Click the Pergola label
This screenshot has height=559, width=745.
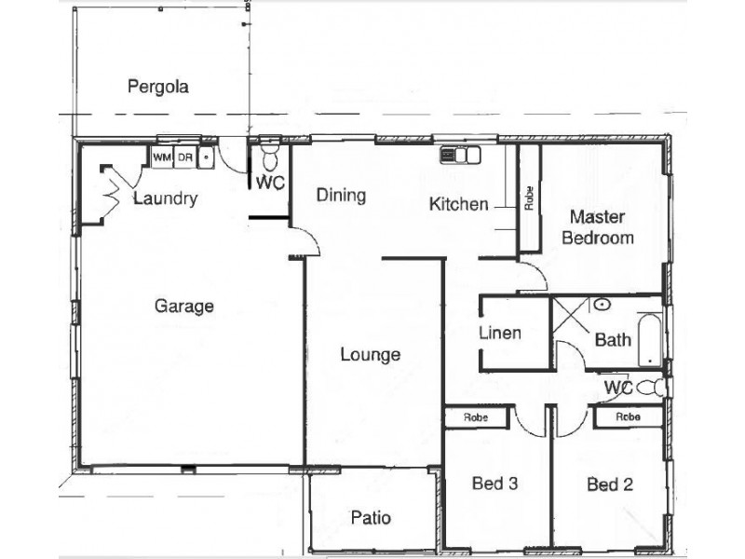(x=158, y=87)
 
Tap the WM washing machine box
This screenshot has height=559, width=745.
(x=162, y=157)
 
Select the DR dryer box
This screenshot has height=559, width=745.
(x=184, y=157)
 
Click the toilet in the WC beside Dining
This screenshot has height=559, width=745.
(x=270, y=157)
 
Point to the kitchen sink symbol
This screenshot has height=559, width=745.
(x=460, y=155)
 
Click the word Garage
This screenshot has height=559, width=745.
(x=184, y=307)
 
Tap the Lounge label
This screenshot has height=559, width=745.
(x=371, y=355)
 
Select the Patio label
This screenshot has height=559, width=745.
(x=371, y=517)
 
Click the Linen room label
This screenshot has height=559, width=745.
(x=500, y=333)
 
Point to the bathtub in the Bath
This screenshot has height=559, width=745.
(x=649, y=340)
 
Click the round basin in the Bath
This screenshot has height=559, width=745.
(x=602, y=304)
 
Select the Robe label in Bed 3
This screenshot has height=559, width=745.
(x=476, y=417)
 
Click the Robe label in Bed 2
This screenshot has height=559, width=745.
(x=628, y=416)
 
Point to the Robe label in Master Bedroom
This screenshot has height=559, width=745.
(x=529, y=198)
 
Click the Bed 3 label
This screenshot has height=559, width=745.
(x=494, y=484)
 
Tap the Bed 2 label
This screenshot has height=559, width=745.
(x=610, y=484)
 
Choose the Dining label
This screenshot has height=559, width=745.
(x=341, y=196)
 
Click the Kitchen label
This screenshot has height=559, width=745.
(x=458, y=204)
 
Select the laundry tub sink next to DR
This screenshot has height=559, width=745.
(x=206, y=157)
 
